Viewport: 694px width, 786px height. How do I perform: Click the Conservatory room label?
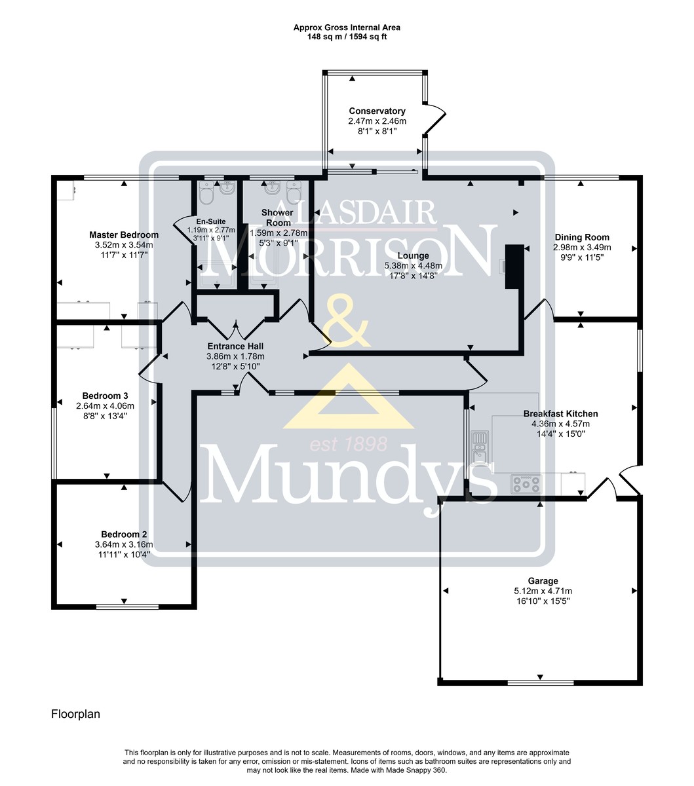(377, 111)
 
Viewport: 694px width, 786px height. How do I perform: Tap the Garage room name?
(543, 581)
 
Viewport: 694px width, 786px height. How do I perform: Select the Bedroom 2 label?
(124, 534)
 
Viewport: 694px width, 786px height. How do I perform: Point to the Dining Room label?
(582, 237)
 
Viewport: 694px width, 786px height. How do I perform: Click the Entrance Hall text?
(235, 346)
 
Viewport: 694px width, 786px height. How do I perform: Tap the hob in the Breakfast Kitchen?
(526, 484)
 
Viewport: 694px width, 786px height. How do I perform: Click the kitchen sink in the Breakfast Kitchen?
(480, 447)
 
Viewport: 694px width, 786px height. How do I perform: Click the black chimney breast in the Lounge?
(514, 267)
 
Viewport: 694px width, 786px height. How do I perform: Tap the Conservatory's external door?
(435, 119)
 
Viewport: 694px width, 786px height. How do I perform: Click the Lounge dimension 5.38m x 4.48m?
(413, 266)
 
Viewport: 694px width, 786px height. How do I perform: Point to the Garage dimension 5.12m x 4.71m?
(543, 591)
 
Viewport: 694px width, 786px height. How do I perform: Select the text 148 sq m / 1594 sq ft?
(347, 37)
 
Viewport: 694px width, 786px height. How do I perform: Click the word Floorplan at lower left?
(75, 714)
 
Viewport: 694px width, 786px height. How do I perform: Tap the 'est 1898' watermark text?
(349, 445)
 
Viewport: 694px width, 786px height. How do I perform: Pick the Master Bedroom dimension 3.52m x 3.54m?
(124, 245)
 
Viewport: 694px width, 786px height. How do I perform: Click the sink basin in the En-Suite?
(227, 188)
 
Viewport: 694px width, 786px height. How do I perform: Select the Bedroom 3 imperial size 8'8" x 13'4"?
(105, 416)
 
